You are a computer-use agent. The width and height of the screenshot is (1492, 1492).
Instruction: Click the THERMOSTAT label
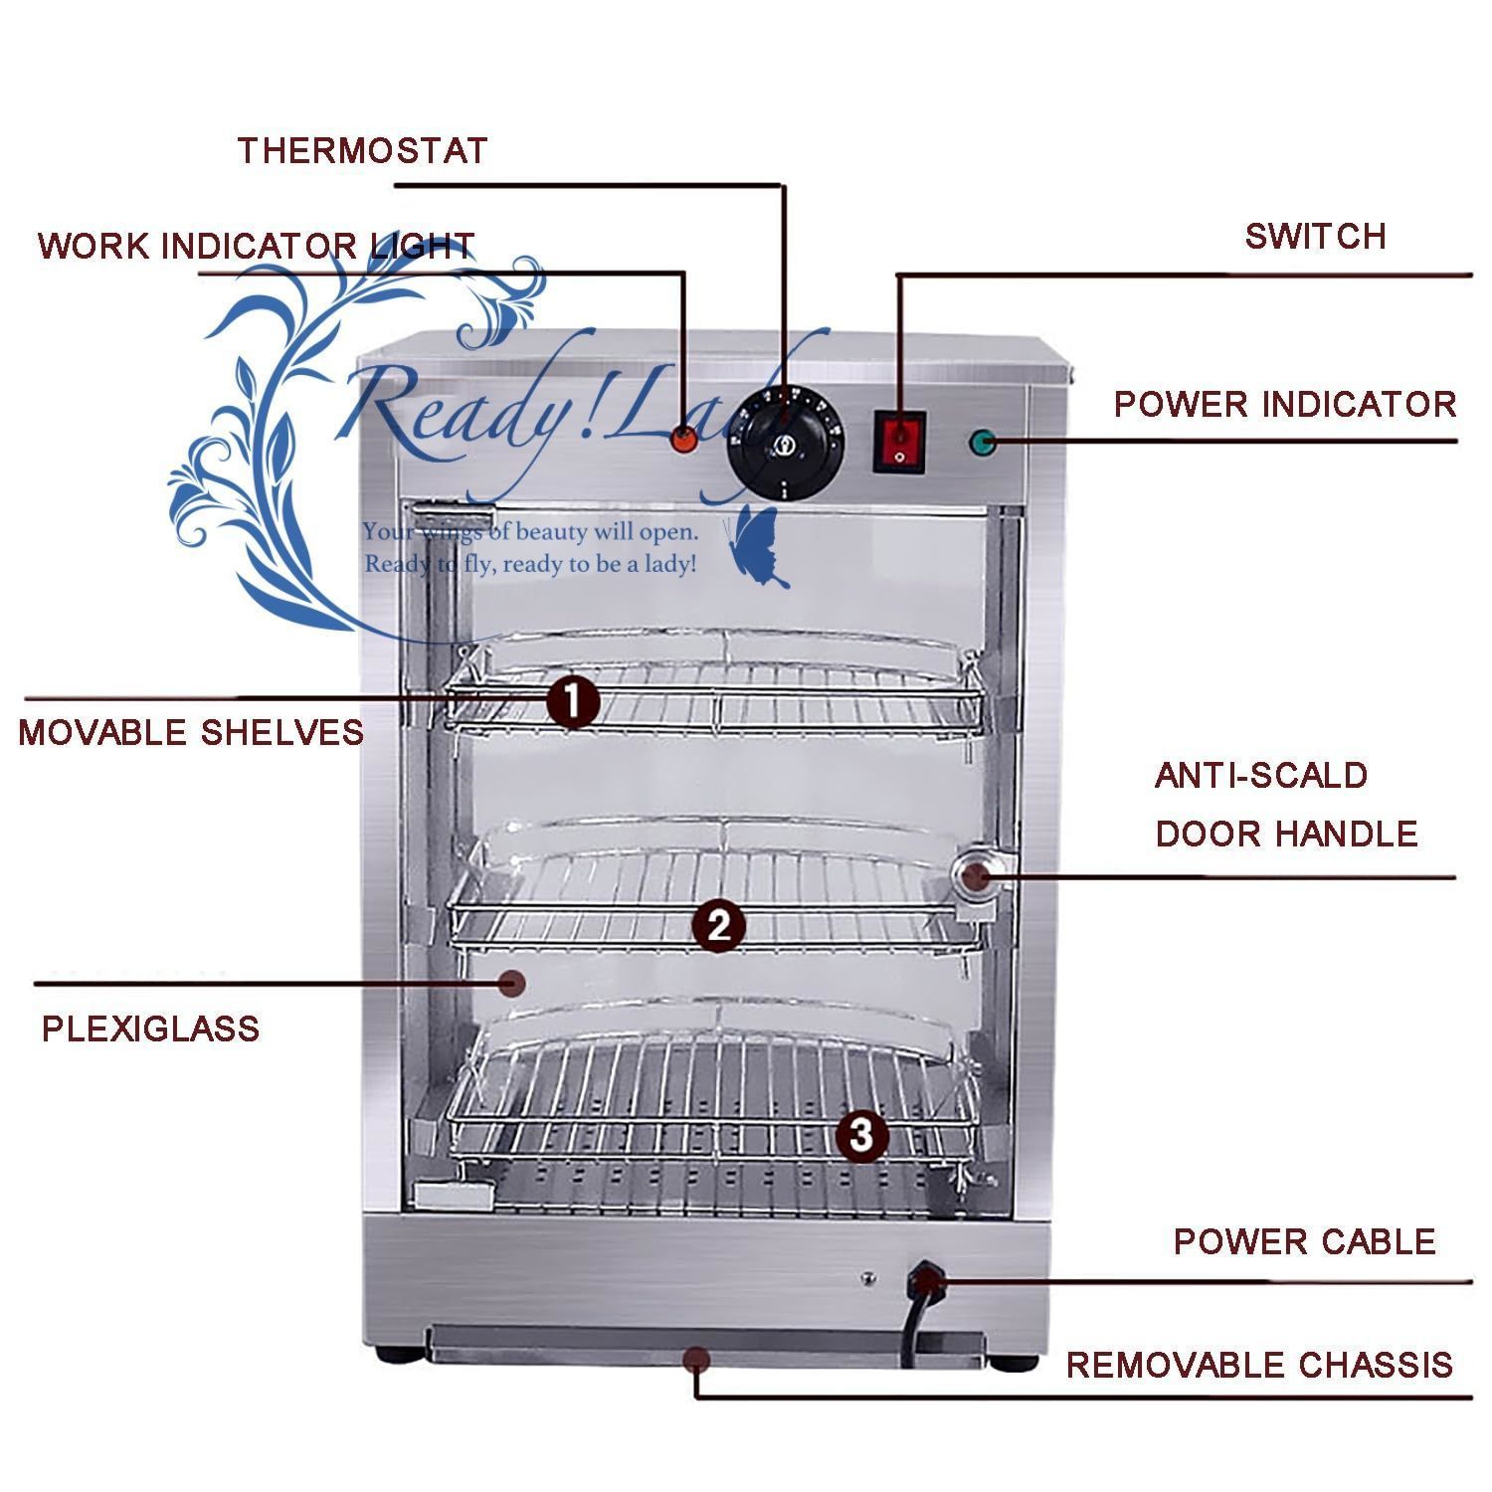point(362,151)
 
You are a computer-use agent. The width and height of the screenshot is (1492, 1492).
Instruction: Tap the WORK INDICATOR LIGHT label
point(256,246)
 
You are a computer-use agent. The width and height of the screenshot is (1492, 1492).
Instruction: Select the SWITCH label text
point(1315,237)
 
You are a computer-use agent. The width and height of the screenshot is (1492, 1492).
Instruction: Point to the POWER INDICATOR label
point(1284,405)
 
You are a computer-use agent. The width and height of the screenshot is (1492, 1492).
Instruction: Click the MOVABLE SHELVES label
point(191,733)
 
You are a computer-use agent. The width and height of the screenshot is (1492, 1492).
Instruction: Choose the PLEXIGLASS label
point(150,1028)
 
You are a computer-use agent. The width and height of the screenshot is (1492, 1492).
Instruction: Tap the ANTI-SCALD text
point(1261,776)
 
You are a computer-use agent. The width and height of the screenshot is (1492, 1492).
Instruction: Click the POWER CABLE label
point(1304,1242)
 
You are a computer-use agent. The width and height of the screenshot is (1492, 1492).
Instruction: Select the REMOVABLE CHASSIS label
point(1259,1366)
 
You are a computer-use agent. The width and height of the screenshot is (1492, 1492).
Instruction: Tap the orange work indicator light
point(683,439)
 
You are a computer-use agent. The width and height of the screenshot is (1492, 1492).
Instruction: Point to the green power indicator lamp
point(983,443)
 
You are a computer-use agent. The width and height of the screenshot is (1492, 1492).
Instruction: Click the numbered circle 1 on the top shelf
point(574,702)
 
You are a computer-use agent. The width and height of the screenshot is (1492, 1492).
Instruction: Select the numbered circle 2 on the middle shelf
point(718,926)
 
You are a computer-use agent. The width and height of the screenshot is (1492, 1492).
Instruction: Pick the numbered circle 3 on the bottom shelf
point(861,1134)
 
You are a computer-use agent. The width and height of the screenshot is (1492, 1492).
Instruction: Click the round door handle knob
point(974,875)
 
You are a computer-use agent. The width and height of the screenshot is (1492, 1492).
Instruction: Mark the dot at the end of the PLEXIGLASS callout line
point(512,983)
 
